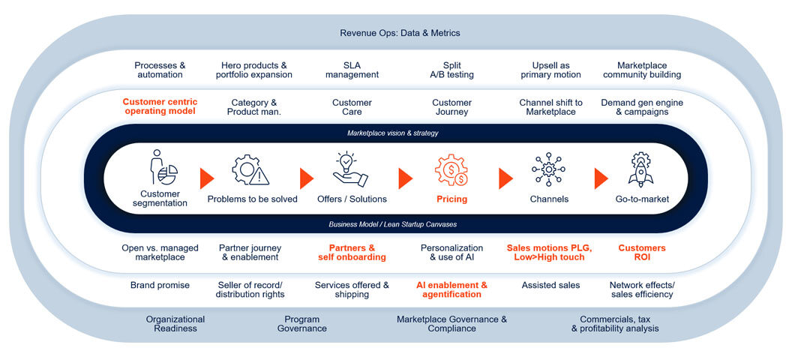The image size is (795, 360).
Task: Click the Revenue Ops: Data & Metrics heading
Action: coord(400,33)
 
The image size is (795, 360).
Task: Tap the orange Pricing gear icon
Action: coord(451,169)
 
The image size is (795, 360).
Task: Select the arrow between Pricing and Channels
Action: coord(505,178)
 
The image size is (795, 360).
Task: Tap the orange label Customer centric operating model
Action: coord(159,106)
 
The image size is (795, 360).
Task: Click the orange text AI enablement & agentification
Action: coord(451,289)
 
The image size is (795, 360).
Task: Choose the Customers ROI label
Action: coord(641,253)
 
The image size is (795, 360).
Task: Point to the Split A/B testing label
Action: coord(451,70)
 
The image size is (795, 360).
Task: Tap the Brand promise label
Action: coord(160,285)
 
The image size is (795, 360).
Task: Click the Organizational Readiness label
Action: coord(175,324)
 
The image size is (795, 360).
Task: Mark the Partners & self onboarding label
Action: coord(352,253)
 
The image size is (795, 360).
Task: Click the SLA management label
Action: coord(352,70)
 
